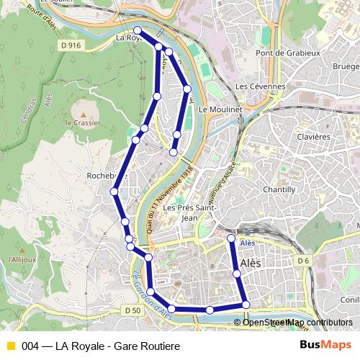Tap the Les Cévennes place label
pyautogui.click(x=261, y=86)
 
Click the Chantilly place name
pyautogui.click(x=279, y=189)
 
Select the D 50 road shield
pyautogui.click(x=132, y=310)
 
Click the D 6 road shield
pyautogui.click(x=302, y=260)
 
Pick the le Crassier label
pyautogui.click(x=81, y=123)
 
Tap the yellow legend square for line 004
pyautogui.click(x=10, y=346)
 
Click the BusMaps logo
pyautogui.click(x=321, y=346)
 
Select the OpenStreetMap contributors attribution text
pyautogui.click(x=297, y=322)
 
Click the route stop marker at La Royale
pyautogui.click(x=138, y=30)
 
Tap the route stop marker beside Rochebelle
pyautogui.click(x=114, y=191)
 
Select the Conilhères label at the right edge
pyautogui.click(x=351, y=300)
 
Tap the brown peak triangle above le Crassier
pyautogui.click(x=84, y=114)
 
